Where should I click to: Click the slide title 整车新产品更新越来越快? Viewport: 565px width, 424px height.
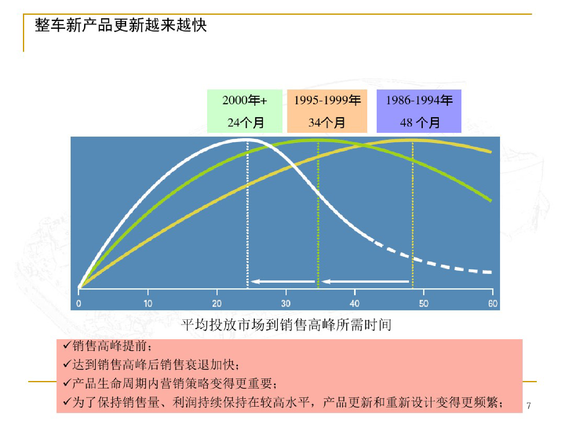click(x=121, y=25)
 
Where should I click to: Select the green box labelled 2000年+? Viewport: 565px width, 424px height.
click(x=245, y=111)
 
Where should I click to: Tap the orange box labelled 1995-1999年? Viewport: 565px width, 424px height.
click(x=327, y=111)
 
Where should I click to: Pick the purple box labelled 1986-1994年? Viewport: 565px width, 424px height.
click(x=419, y=111)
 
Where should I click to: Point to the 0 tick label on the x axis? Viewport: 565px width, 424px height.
click(x=78, y=303)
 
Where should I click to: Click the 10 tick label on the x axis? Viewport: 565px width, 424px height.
click(x=148, y=303)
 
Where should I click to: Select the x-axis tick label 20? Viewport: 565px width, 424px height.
click(x=217, y=303)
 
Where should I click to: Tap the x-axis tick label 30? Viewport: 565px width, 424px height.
click(x=286, y=303)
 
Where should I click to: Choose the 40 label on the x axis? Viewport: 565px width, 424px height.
click(x=355, y=303)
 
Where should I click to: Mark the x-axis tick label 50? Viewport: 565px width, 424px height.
click(x=424, y=303)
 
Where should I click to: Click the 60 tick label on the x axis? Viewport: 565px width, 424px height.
click(x=493, y=303)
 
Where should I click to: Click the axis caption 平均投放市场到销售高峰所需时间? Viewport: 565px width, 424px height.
click(x=286, y=325)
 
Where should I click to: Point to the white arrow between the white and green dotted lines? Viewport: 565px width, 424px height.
click(x=283, y=281)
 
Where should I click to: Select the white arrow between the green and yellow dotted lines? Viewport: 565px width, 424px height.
click(x=365, y=281)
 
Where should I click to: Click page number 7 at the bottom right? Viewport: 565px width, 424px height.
click(x=529, y=406)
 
